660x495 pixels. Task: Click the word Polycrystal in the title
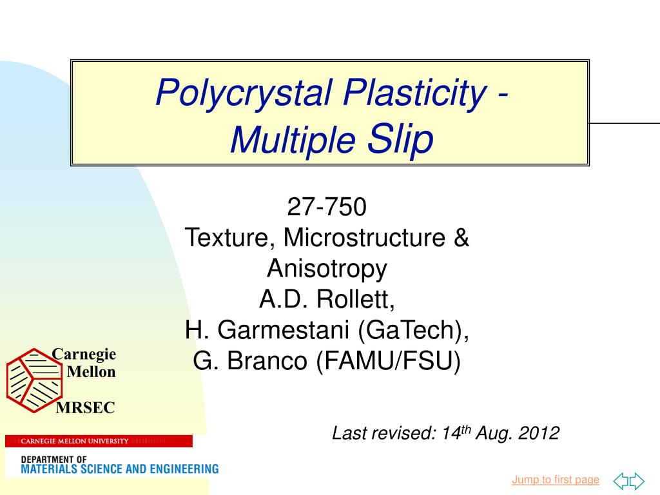pos(244,93)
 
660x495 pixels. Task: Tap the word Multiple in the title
pos(293,141)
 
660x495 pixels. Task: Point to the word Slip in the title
pos(400,139)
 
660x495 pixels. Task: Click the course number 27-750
pos(327,208)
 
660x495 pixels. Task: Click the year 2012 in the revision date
pos(539,433)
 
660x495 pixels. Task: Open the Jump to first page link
pos(556,480)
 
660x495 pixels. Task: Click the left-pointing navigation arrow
pos(621,481)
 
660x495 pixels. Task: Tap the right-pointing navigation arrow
pos(637,481)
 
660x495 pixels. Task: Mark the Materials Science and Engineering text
pos(120,469)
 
